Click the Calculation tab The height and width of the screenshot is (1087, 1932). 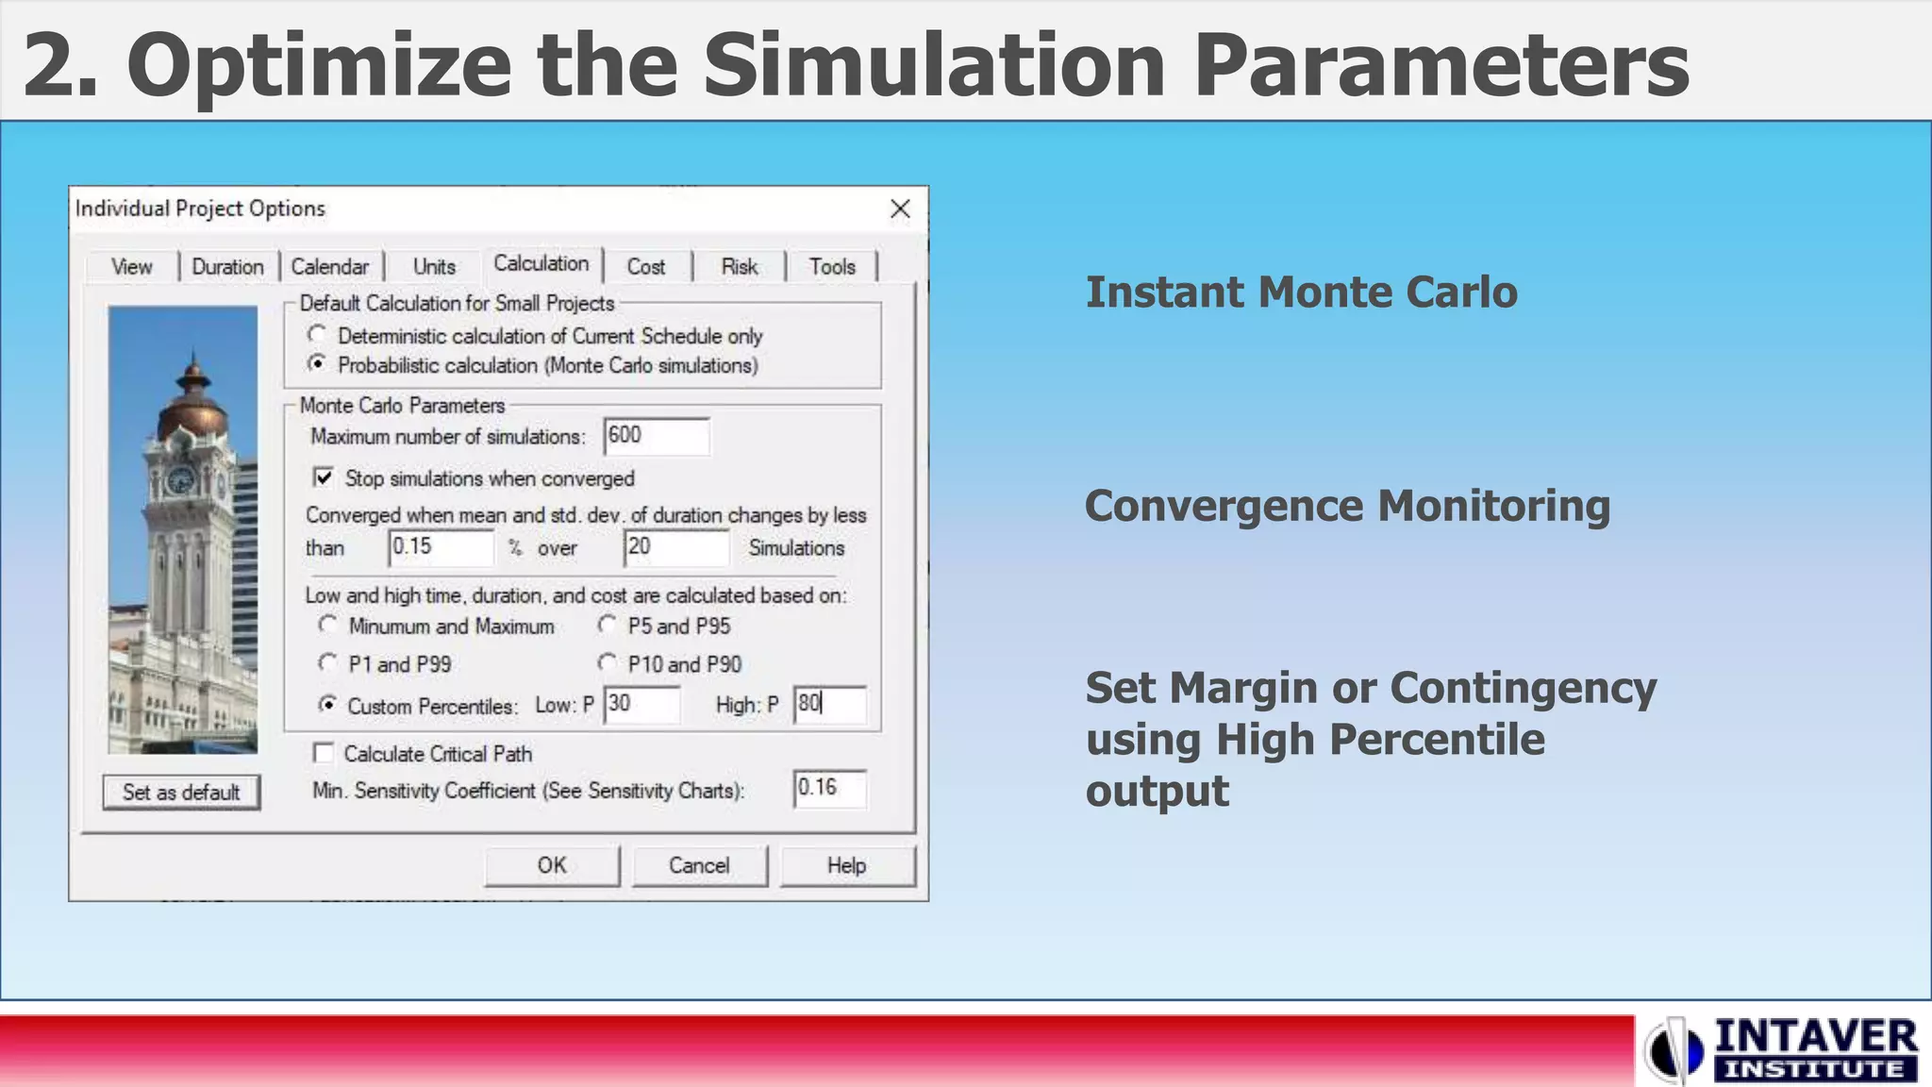pos(541,264)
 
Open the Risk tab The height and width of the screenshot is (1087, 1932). pos(739,267)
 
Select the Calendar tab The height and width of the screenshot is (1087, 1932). pos(329,267)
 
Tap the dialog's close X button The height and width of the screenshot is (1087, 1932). pos(900,209)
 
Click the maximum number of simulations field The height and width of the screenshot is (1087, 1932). pos(656,436)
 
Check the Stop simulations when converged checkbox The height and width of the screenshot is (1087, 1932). pos(324,477)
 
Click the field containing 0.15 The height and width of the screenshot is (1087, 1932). pos(441,547)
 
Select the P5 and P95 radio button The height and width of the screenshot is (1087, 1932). pos(608,625)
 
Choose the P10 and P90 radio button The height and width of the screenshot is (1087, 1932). pos(608,663)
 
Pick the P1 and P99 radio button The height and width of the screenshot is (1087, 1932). pos(327,663)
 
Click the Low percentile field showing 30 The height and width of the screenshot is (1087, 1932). pos(641,705)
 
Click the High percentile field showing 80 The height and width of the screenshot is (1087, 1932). pos(829,705)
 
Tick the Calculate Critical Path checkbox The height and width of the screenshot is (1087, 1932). pos(324,753)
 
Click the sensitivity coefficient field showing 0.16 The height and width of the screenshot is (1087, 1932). pos(829,789)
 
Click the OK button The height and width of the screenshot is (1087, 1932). pos(552,865)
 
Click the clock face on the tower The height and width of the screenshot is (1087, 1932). pos(179,480)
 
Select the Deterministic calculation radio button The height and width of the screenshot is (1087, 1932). pos(317,335)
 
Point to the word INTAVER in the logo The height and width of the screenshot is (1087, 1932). pos(1815,1037)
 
